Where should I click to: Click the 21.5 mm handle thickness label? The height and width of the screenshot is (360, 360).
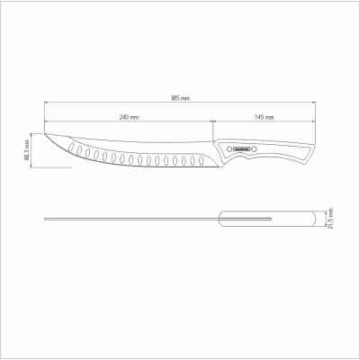pyautogui.click(x=330, y=219)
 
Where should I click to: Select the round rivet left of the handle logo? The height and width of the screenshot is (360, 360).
pyautogui.click(x=227, y=149)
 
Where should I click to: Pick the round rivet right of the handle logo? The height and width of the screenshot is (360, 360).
pyautogui.click(x=254, y=149)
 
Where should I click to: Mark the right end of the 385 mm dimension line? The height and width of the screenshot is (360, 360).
pyautogui.click(x=317, y=103)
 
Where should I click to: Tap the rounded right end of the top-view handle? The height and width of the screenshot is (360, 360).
pyautogui.click(x=317, y=219)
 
